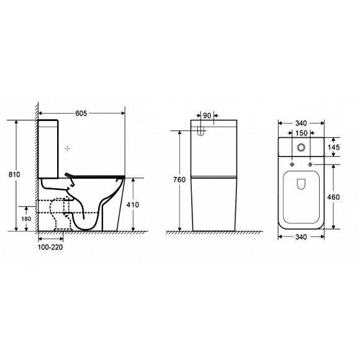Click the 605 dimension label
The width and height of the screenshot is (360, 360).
(x=81, y=113)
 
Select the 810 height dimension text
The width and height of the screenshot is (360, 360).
(x=14, y=174)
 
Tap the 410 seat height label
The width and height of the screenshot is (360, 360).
(x=133, y=205)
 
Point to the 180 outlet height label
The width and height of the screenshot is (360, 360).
(x=26, y=219)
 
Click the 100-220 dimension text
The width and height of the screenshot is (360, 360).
(x=50, y=247)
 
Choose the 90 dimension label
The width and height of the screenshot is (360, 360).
(x=207, y=115)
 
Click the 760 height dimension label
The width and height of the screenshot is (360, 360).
(x=179, y=179)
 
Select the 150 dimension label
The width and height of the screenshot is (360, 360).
(x=301, y=133)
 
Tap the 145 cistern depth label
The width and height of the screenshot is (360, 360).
(x=333, y=147)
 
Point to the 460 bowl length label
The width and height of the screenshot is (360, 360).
(x=333, y=197)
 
